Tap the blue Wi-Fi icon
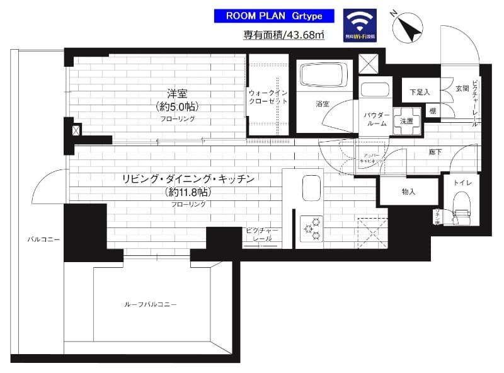pos(360,25)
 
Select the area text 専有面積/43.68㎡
pos(284,35)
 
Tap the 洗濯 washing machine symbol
pos(406,121)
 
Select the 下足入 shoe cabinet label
pos(419,92)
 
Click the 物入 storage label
pos(408,192)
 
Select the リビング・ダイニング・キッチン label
pos(188,180)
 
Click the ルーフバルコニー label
pos(150,304)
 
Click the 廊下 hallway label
pos(435,152)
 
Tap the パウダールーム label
pos(375,119)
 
